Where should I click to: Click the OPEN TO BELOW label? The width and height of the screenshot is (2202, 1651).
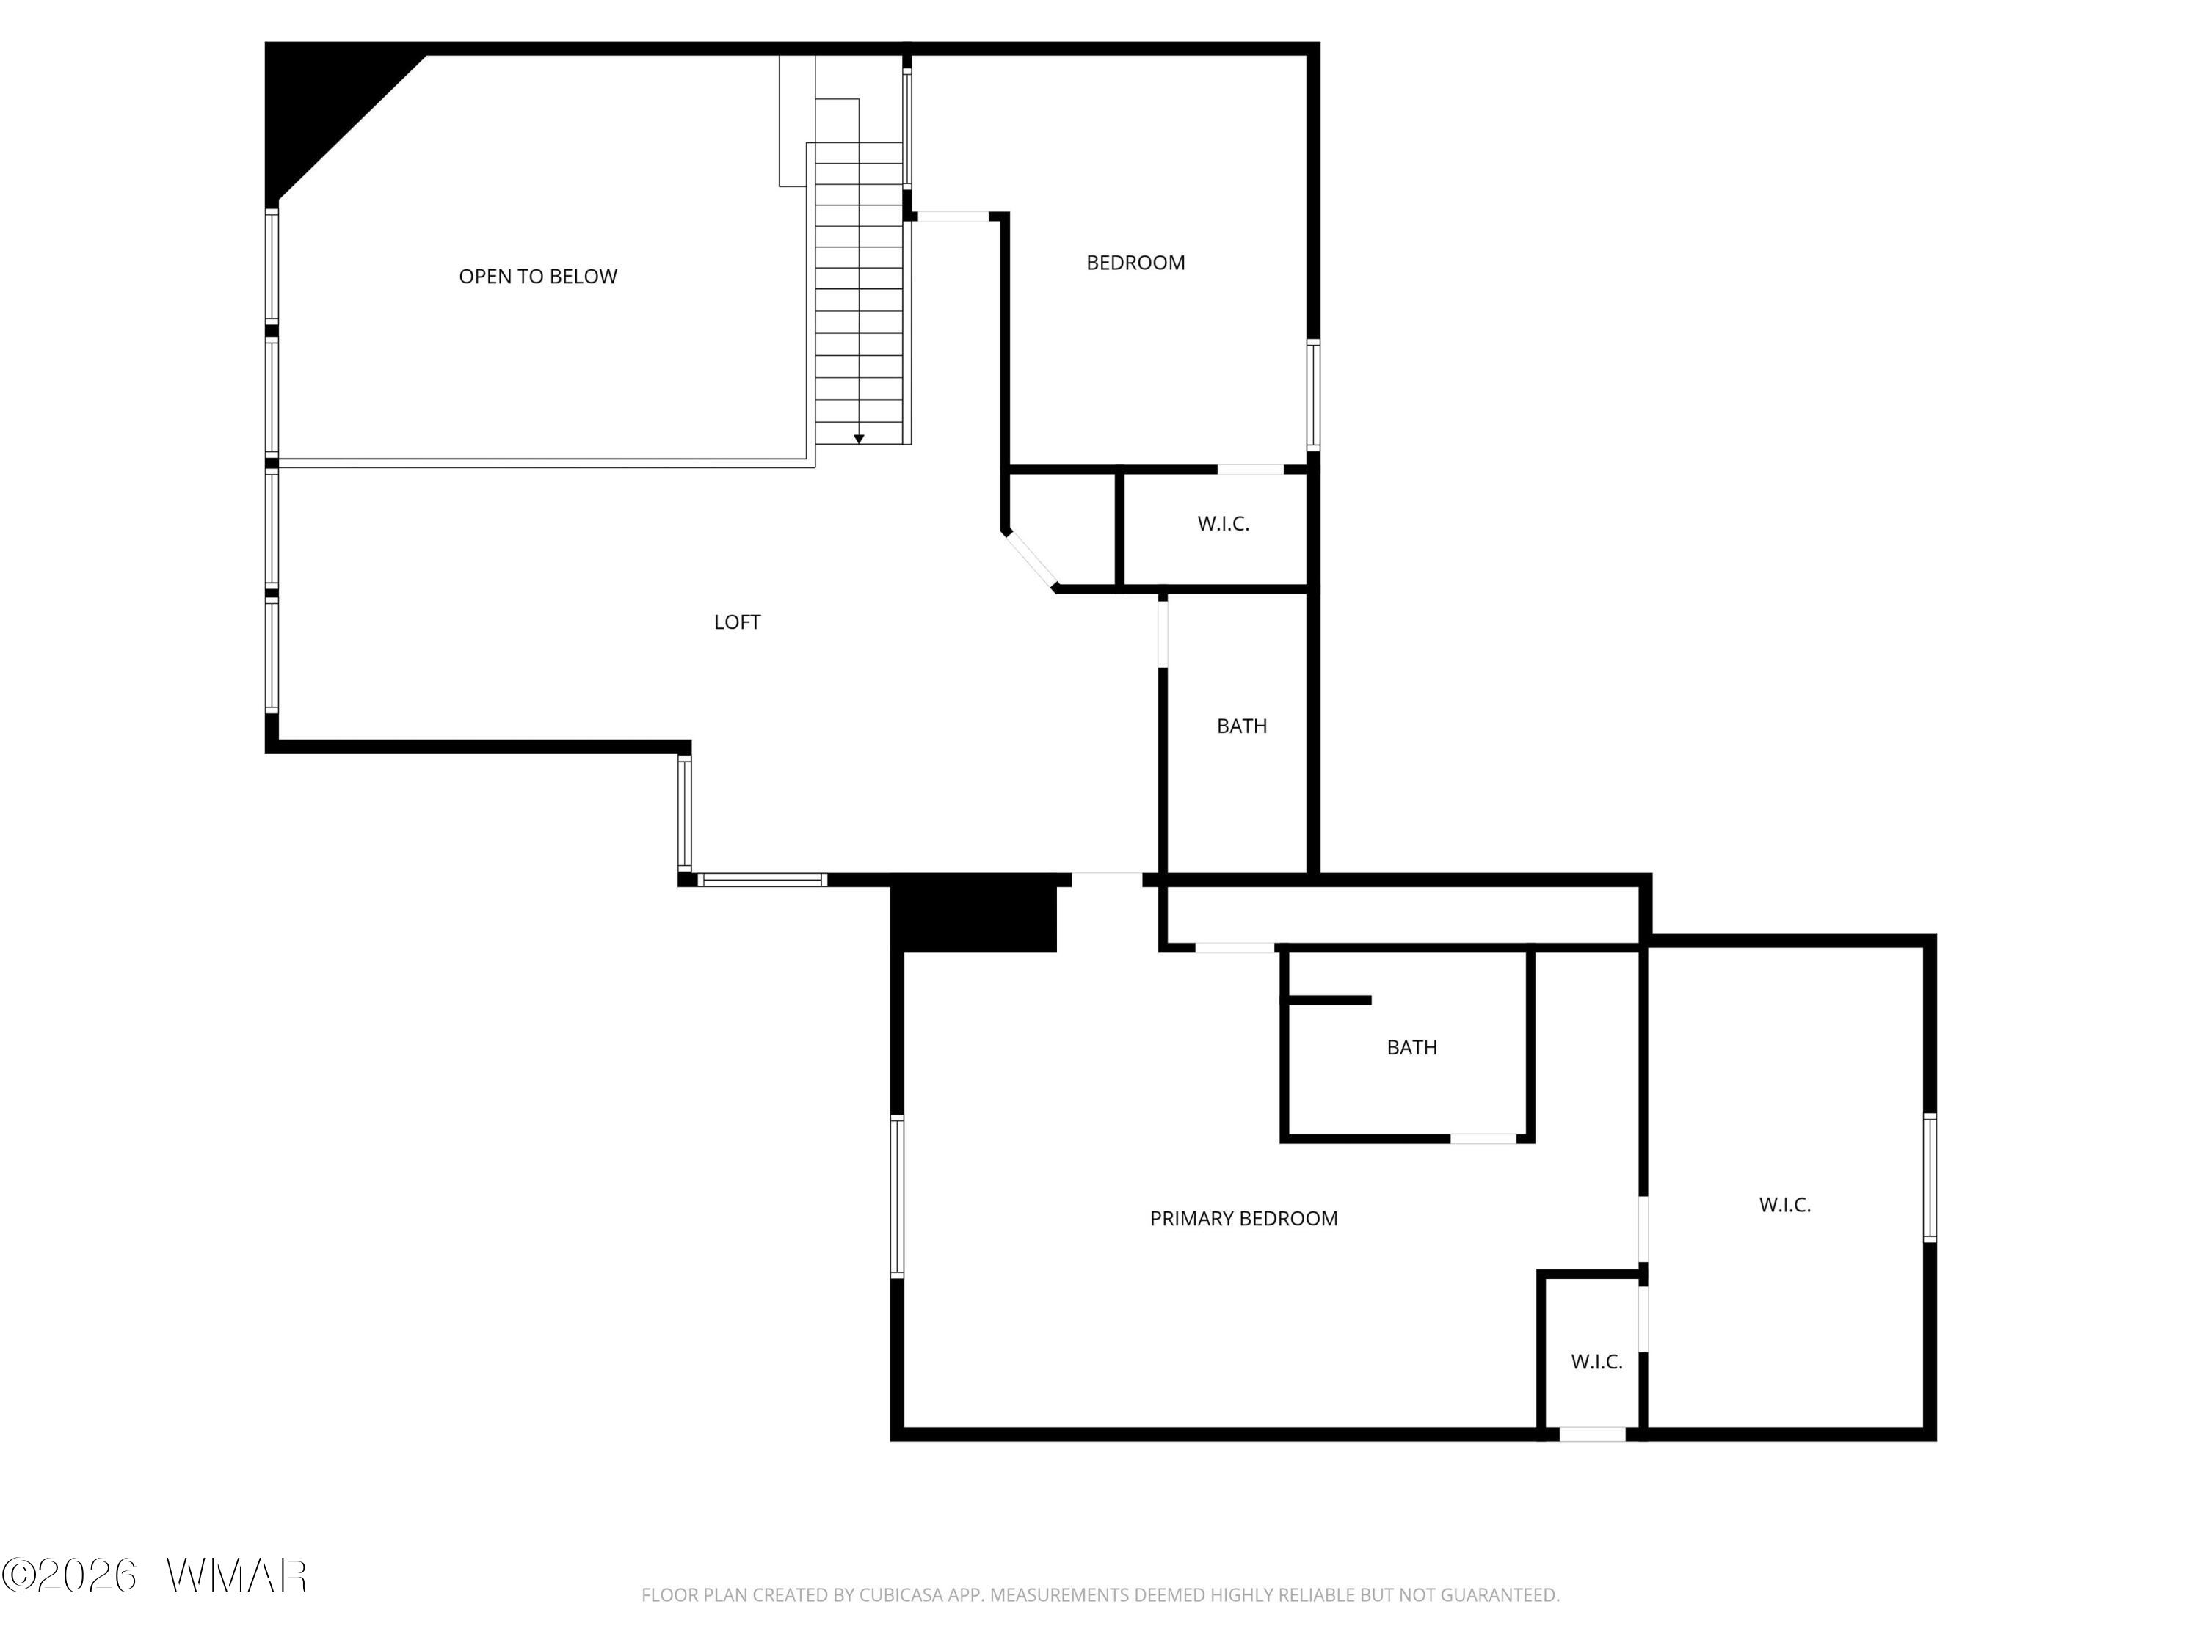tap(537, 277)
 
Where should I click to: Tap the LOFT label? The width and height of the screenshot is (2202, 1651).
tap(737, 622)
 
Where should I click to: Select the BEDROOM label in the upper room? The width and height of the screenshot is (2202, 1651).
tap(1135, 263)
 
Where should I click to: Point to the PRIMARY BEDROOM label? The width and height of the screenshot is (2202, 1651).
tap(1243, 1218)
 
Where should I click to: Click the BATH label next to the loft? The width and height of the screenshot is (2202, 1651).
tap(1241, 726)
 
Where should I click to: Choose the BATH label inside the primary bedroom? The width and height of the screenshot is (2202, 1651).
tap(1411, 1047)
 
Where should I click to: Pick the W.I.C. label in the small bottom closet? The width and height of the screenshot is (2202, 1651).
tap(1596, 1361)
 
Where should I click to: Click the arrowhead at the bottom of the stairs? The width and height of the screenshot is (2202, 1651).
tap(859, 439)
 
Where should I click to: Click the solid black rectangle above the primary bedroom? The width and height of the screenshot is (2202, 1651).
tap(973, 913)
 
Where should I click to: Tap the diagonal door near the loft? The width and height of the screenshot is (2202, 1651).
tap(1031, 562)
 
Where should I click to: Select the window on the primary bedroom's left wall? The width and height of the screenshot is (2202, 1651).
tap(897, 1196)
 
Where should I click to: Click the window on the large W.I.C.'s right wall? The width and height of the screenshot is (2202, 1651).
tap(1930, 1177)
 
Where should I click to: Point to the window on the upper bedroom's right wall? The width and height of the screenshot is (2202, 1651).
tap(1313, 394)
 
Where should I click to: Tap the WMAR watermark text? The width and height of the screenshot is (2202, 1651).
tap(236, 1575)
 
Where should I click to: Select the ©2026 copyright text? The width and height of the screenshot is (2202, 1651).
tap(69, 1575)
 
